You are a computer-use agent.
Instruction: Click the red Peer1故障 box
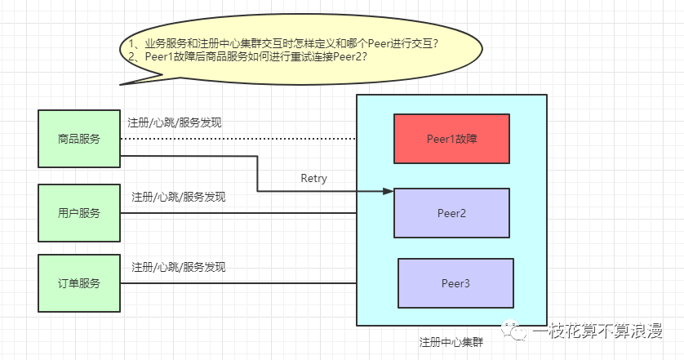coord(451,139)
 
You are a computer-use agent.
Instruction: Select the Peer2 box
coord(451,213)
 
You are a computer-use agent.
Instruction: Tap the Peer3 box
coord(455,282)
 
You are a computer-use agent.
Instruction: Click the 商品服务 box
coord(79,139)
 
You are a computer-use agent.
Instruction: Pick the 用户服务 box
coord(79,213)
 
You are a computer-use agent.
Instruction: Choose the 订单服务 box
coord(79,283)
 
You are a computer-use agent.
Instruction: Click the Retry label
coord(313,178)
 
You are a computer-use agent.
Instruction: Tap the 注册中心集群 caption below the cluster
coord(451,340)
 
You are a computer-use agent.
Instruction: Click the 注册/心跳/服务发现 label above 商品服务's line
coord(175,123)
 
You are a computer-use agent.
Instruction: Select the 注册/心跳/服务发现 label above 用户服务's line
coord(179,197)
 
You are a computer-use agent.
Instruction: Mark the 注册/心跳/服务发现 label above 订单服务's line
coord(179,267)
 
